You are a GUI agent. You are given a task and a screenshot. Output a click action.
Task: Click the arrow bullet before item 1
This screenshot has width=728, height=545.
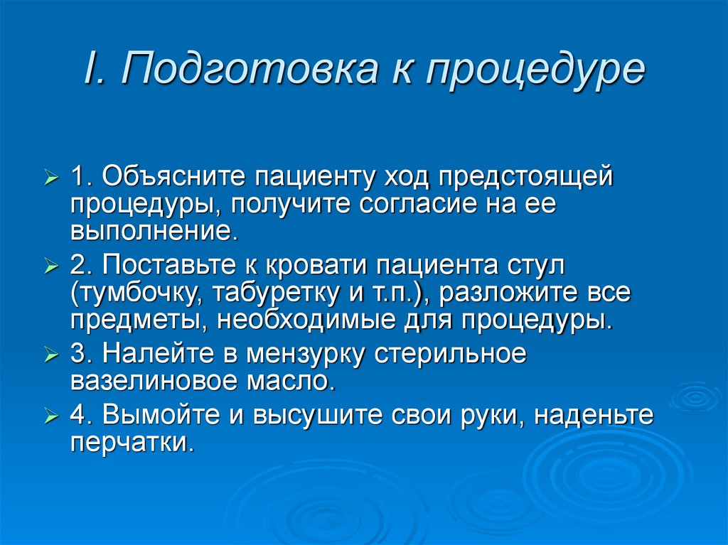coord(53,177)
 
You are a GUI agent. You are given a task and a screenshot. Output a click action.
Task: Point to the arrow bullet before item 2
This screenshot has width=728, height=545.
coord(53,268)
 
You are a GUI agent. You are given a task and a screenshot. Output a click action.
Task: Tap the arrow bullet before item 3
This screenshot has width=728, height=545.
coord(53,355)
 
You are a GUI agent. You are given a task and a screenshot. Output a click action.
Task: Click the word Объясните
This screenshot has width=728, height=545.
coord(173,176)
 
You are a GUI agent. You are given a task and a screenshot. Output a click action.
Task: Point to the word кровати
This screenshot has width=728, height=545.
coord(317,267)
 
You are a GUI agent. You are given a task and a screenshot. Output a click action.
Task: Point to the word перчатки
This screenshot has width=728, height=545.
coord(132,442)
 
